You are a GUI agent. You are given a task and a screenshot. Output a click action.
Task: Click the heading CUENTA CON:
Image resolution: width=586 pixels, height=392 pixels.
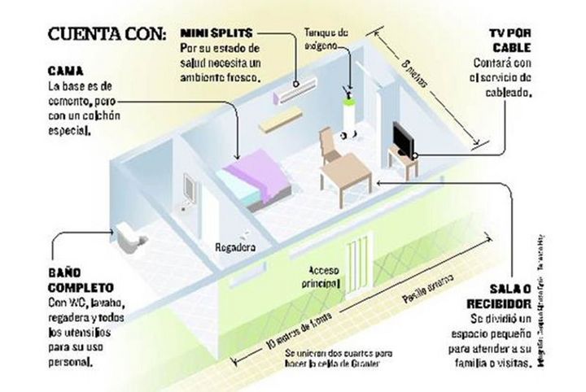pos(107,34)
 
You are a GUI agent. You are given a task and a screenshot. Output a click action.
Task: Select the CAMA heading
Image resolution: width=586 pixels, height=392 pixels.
pos(63,70)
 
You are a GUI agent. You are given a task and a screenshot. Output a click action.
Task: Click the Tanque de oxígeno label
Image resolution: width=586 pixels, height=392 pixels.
pos(326,38)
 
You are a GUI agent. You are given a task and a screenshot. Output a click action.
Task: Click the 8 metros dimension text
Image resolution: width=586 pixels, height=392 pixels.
pos(418,80)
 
